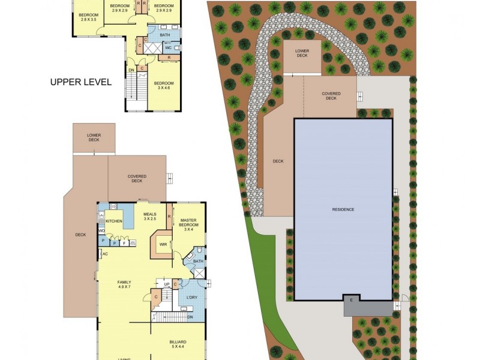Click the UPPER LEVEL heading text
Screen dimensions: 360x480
[x=80, y=82]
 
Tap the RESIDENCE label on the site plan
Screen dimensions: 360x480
[x=343, y=209]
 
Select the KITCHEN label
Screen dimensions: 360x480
[x=114, y=221]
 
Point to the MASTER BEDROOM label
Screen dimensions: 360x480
[x=188, y=224]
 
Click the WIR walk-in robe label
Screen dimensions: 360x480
[x=163, y=244]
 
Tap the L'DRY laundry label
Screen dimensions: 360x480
[x=192, y=298]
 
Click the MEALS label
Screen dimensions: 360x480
[x=149, y=214]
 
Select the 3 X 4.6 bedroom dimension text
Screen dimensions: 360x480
[x=164, y=88]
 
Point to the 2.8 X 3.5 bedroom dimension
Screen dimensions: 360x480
[x=89, y=19]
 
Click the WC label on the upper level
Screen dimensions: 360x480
[x=168, y=47]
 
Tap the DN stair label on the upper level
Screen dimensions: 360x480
[x=131, y=70]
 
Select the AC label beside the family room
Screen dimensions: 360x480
[x=105, y=254]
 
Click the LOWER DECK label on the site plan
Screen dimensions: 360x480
[x=302, y=54]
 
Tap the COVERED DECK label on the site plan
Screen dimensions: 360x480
[x=331, y=96]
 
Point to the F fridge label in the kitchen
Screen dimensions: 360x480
[x=124, y=243]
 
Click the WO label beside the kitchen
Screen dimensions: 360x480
[x=102, y=231]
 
